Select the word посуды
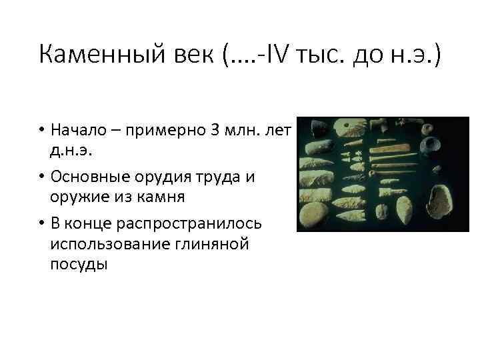(x=79, y=265)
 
